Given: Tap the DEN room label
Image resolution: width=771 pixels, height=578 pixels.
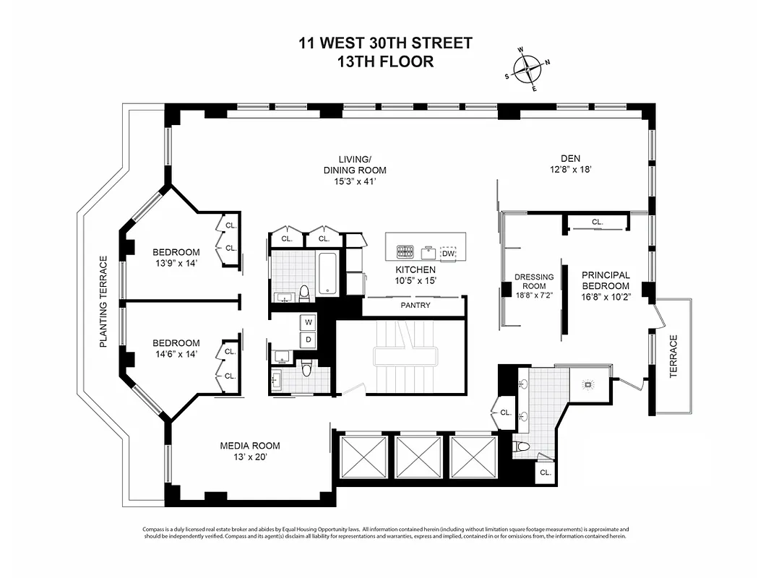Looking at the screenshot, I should [570, 159].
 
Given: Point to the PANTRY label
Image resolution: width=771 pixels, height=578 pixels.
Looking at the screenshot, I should [415, 306].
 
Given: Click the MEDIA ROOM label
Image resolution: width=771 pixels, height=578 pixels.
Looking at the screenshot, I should [250, 446].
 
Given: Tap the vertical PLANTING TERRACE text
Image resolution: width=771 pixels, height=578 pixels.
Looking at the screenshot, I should [103, 302].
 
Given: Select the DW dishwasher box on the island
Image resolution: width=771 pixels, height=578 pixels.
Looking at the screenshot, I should [448, 254].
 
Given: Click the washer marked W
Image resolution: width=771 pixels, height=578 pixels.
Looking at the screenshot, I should [309, 322].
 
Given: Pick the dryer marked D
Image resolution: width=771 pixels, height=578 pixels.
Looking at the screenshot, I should [309, 339].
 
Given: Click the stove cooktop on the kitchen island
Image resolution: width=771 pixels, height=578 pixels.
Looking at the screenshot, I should [404, 252].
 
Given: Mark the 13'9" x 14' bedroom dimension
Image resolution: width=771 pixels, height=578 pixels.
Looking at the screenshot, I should [176, 263].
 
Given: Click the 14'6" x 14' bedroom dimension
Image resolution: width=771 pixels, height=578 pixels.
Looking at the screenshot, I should [176, 353].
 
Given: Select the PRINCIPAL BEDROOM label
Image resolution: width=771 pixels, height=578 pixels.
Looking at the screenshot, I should [606, 280].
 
